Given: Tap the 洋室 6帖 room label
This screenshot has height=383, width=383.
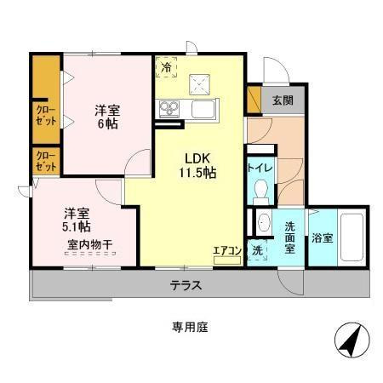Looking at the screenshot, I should pyautogui.click(x=106, y=116).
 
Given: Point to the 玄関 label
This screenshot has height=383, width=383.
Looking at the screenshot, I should pyautogui.click(x=283, y=100).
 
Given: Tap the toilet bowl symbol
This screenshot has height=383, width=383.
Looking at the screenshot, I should pyautogui.click(x=261, y=189).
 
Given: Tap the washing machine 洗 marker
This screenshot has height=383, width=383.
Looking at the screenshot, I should pyautogui.click(x=258, y=251).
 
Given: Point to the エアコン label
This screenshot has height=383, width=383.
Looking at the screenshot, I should pyautogui.click(x=227, y=250).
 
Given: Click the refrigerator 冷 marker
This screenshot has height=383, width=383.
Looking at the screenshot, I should pyautogui.click(x=167, y=66).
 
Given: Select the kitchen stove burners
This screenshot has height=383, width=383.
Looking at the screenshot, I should pyautogui.click(x=168, y=108).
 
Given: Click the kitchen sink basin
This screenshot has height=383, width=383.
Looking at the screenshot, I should pyautogui.click(x=204, y=109).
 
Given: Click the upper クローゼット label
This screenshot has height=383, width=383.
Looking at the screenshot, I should pyautogui.click(x=46, y=115).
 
